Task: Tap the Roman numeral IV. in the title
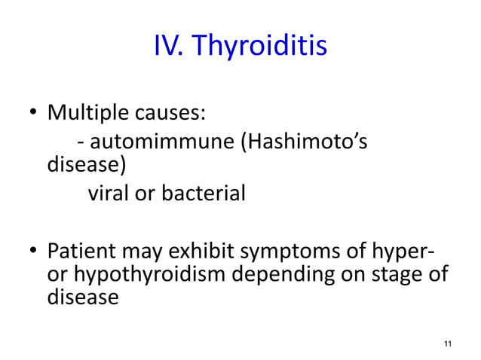point(170,47)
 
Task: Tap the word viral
point(109,194)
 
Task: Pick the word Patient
point(81,250)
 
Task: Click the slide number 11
point(448,343)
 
